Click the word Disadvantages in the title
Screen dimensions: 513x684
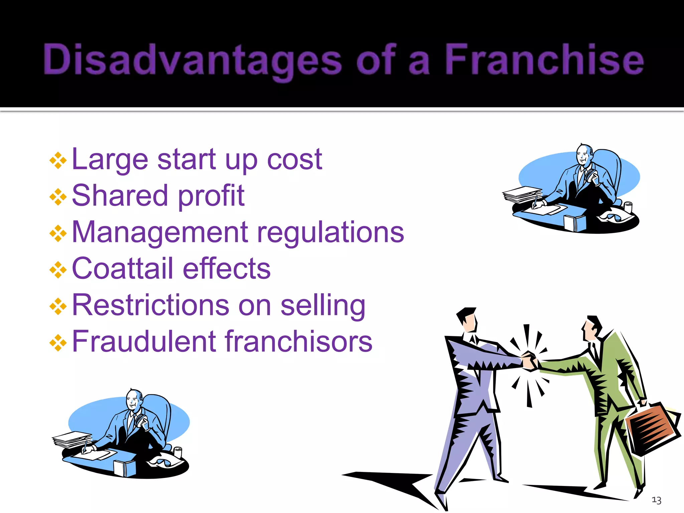(192, 60)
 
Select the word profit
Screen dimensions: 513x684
(211, 196)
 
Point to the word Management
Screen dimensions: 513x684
(160, 232)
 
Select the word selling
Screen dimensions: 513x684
(323, 305)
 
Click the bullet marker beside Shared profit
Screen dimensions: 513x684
(58, 197)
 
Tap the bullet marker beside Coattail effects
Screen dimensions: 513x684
(58, 270)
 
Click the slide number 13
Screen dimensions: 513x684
(656, 500)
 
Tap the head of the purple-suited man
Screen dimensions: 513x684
(468, 319)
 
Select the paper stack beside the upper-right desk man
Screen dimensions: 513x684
(522, 194)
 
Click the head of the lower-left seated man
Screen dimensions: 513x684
(134, 399)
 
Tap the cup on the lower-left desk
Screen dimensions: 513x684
(178, 452)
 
